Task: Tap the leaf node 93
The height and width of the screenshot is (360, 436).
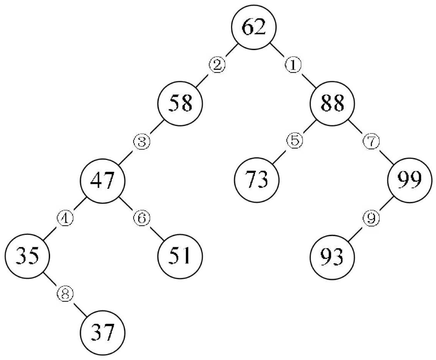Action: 332,257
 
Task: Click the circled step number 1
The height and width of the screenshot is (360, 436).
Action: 293,65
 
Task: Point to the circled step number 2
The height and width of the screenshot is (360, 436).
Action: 217,65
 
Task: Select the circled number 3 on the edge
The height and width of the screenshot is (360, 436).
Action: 141,142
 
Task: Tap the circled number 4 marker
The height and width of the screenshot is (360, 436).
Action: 65,219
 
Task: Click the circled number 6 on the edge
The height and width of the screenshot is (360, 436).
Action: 141,219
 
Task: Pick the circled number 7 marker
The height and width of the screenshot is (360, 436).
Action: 371,142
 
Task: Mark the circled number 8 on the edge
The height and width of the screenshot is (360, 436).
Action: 65,294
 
